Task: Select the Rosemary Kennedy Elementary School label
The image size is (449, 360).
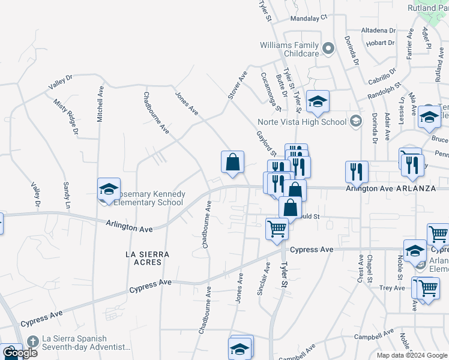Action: (150, 199)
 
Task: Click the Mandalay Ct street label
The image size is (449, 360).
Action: (309, 18)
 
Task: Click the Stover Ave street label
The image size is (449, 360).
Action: (238, 85)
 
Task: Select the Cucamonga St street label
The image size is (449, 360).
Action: (270, 92)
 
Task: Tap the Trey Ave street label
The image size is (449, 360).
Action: (392, 288)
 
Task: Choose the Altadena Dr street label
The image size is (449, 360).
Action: (378, 30)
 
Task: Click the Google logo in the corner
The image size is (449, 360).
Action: (19, 353)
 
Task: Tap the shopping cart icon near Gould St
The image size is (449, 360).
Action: (277, 228)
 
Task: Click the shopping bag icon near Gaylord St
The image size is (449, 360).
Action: (232, 161)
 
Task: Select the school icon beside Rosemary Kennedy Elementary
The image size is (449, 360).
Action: (109, 188)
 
